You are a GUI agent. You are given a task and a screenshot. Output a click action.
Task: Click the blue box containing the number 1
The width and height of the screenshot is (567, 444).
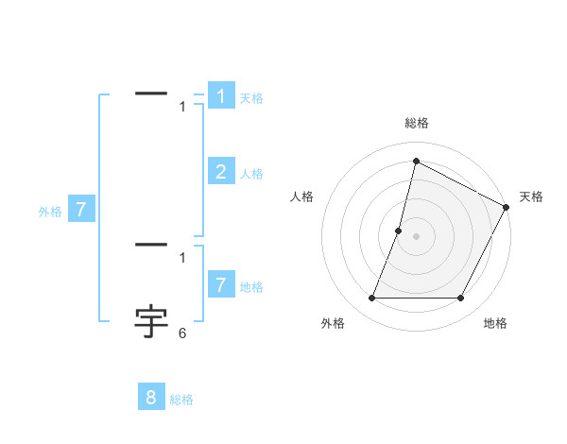click(221, 95)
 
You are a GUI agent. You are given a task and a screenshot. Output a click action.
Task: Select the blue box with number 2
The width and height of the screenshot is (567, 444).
click(221, 171)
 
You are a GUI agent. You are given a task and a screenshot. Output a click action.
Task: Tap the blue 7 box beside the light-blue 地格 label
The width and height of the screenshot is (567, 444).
click(221, 284)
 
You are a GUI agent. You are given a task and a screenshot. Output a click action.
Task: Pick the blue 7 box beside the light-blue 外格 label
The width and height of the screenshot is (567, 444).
click(81, 210)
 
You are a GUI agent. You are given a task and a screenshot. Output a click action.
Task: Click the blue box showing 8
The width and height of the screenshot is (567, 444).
click(151, 397)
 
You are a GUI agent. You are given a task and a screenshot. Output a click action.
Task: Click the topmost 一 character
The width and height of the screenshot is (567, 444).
click(152, 93)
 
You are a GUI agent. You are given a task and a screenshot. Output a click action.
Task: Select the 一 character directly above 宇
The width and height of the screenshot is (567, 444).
click(152, 246)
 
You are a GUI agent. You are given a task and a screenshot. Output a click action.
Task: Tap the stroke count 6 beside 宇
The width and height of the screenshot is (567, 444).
click(182, 333)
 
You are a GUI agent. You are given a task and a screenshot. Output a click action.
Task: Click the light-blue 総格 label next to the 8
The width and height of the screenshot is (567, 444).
click(181, 400)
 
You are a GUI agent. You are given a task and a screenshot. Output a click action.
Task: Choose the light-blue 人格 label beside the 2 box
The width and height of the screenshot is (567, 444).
click(251, 174)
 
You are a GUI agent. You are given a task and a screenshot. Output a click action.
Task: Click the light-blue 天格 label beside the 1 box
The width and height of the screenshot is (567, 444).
click(251, 98)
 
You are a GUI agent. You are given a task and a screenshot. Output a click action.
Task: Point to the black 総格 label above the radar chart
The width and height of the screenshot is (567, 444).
click(416, 124)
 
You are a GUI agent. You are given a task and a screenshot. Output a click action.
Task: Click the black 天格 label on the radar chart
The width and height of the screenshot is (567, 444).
click(531, 196)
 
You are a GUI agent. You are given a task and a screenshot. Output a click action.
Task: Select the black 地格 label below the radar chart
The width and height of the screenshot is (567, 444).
click(495, 323)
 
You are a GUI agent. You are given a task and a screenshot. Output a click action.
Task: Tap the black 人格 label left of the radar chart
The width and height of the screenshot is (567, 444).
click(301, 196)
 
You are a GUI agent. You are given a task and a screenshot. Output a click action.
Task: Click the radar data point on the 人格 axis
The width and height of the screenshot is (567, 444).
click(399, 231)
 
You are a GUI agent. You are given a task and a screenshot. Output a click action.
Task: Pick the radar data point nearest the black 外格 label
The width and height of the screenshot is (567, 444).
click(371, 299)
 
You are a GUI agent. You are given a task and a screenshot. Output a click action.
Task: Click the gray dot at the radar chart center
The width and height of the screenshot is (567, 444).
click(416, 236)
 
